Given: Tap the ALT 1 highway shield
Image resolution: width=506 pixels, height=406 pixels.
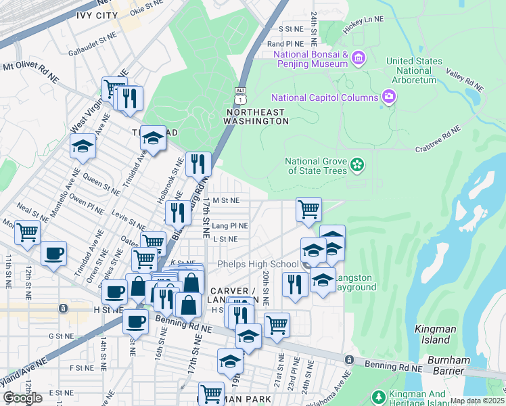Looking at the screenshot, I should click(240, 94).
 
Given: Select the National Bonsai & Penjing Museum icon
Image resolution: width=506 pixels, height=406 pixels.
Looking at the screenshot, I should click(358, 59).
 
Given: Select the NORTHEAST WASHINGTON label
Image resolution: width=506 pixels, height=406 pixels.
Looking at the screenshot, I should click(256, 116).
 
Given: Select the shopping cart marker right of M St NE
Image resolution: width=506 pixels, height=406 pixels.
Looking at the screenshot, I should click(308, 208).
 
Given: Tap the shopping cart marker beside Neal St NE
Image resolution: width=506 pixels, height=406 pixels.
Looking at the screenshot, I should click(28, 232).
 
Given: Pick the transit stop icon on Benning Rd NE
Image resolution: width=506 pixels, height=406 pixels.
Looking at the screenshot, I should click(349, 359).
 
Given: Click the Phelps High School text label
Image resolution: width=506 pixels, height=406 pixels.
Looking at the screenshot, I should click(258, 264).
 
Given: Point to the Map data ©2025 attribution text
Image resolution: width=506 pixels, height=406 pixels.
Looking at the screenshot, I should click(477, 401).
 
